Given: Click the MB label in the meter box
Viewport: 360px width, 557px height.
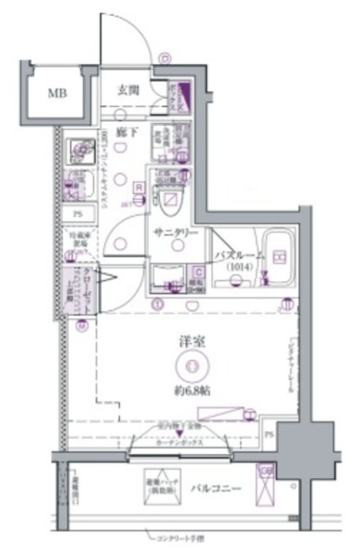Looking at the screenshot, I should pos(57,93).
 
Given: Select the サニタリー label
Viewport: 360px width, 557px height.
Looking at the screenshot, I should pos(177,233).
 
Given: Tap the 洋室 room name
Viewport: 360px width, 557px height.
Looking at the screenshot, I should pos(183,341).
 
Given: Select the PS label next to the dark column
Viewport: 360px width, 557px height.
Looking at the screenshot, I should pos(269,435).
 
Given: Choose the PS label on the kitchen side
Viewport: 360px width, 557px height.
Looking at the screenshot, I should pos(77,215).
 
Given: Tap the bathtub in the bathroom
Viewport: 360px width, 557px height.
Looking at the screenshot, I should pos(279,256).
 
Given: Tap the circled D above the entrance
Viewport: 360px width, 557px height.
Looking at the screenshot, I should pos(163,59).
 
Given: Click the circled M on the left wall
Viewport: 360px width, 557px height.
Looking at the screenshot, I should pos(82,327).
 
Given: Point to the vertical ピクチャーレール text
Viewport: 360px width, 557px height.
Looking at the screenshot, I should pos(290,366).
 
